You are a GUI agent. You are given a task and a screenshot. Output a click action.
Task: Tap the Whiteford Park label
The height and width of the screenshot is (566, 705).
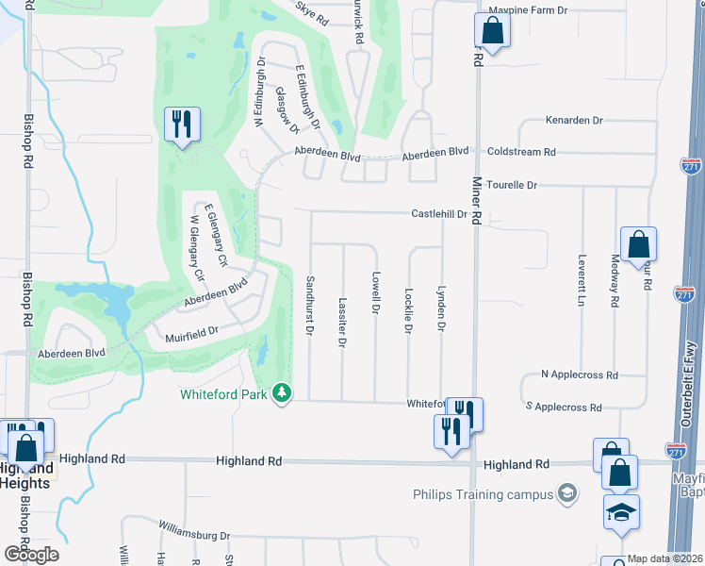point(227,393)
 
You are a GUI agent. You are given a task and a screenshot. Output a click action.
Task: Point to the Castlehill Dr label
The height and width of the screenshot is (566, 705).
point(439,214)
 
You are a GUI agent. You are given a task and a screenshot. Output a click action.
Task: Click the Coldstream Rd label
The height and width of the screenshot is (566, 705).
point(522,151)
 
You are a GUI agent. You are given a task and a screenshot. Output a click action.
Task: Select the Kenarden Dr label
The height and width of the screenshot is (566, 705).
point(573,121)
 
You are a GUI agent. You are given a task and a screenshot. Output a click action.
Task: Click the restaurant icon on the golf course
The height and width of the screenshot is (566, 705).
point(180,125)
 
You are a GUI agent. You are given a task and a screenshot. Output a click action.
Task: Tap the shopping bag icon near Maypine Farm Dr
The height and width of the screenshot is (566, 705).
point(492,30)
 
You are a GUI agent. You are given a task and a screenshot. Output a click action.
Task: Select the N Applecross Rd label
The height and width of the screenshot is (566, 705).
point(580,375)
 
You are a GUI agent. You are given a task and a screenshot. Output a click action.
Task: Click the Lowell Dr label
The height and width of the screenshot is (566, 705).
point(375,293)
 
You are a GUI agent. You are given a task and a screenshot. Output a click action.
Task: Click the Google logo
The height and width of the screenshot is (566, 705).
point(30,554)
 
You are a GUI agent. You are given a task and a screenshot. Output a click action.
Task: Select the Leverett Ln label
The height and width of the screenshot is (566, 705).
point(582,282)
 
